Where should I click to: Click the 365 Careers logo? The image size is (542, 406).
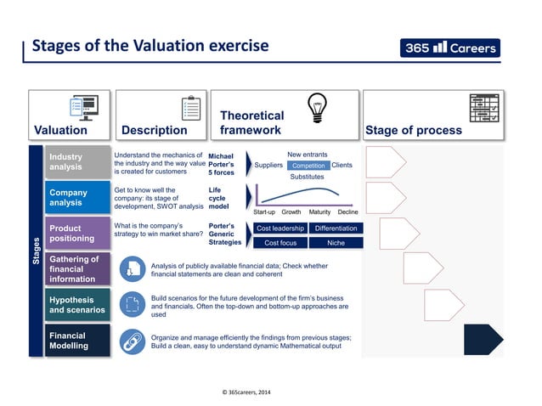point(450,48)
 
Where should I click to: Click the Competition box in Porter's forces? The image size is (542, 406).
point(308,166)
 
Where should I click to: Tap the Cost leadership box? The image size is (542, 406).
point(279,228)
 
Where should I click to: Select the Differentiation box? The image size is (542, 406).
point(336,228)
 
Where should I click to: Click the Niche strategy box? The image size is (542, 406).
point(336,243)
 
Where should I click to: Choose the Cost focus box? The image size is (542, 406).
point(279,243)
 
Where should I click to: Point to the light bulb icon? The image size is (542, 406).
point(319,108)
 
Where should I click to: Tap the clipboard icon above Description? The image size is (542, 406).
point(190,109)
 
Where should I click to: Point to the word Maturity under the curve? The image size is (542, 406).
point(319,211)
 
